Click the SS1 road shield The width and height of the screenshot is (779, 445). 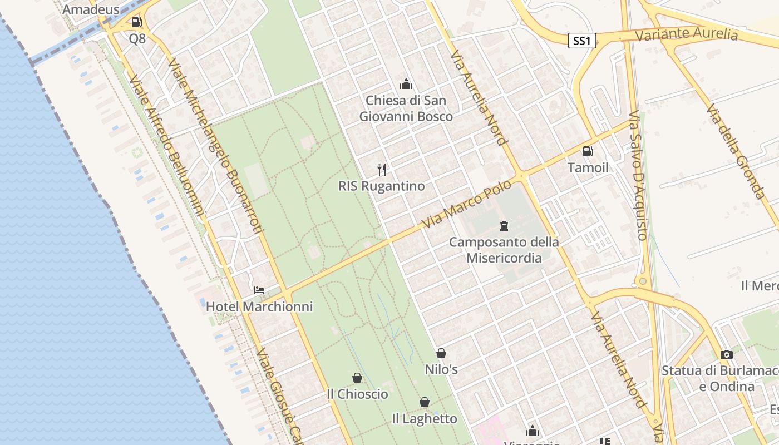pos(582,41)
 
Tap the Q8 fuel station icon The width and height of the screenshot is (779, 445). pos(136,22)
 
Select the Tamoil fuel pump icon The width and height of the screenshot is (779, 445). pos(588,151)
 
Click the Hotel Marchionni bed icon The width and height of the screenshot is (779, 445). pos(259,290)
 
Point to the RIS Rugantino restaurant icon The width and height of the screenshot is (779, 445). pos(382,169)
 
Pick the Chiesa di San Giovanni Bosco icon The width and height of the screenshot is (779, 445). pos(406,84)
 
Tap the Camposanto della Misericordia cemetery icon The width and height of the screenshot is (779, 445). pos(504,225)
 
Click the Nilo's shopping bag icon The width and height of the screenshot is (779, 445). pos(441,353)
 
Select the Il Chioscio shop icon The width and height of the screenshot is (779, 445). pos(357,378)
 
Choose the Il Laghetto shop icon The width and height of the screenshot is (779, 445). pos(425,402)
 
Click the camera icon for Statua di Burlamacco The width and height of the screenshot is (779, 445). pos(726,354)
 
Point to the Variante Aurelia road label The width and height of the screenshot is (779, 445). pos(686,34)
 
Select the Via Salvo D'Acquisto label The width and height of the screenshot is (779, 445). pos(638,175)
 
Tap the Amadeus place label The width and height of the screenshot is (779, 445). pos(91,9)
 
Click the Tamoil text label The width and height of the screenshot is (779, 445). pos(588,167)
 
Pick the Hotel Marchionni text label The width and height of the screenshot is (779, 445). pos(259,306)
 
